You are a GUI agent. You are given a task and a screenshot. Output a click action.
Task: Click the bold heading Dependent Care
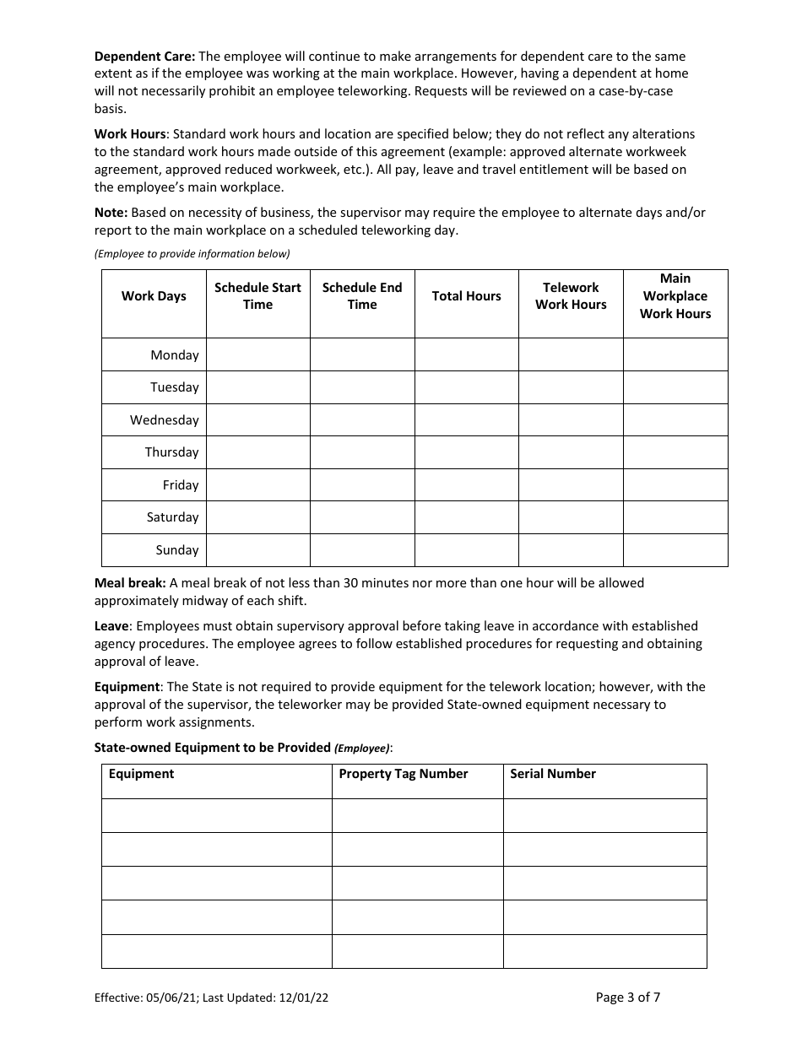coord(144,57)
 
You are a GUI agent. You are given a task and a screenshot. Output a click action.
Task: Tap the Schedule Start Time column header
coord(257,296)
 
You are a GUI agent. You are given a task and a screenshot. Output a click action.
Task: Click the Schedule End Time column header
coord(362,296)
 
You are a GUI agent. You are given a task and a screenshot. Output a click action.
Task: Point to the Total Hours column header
coord(466,296)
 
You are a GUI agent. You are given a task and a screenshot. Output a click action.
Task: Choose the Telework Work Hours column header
coord(571,296)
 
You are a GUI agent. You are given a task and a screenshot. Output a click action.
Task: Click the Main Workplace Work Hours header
coord(675,296)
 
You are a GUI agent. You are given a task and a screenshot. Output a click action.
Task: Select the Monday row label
coord(174,355)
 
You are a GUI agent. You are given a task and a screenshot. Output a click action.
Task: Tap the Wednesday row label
coord(164,420)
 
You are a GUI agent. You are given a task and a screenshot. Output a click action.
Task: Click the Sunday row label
coord(176,550)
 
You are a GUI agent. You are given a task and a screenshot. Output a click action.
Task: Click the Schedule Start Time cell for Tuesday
coord(257,387)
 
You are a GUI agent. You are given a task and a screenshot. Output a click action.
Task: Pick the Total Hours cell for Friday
coord(466,485)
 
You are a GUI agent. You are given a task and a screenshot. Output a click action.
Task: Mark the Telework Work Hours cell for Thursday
coord(571,452)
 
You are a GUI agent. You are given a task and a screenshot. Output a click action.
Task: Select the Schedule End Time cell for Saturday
coord(362,517)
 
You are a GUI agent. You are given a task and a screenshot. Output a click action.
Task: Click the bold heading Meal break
coord(130,583)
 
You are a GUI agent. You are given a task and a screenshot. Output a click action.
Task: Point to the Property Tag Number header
coord(403,774)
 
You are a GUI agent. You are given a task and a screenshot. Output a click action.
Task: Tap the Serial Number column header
coord(552,774)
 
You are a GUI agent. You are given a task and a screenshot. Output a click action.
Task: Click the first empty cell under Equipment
coord(216,816)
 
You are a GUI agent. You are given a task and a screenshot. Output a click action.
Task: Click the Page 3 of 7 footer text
coord(627,997)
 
